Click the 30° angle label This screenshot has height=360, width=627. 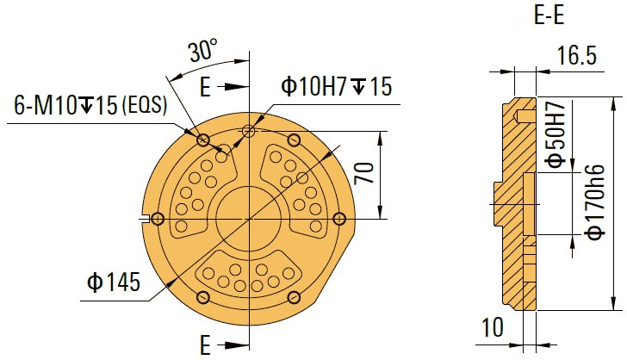coord(203,52)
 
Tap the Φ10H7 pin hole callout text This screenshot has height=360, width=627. coord(336,86)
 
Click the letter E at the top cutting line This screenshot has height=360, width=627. coord(205,86)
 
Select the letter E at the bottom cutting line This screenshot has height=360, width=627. coord(205,345)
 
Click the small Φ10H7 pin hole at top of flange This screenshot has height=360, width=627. coord(249,131)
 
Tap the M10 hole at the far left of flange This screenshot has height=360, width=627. coord(157,219)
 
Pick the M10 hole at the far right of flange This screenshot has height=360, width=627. coord(339,219)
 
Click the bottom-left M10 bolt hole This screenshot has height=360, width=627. coord(203,297)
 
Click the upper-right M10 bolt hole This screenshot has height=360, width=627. coord(294,140)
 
